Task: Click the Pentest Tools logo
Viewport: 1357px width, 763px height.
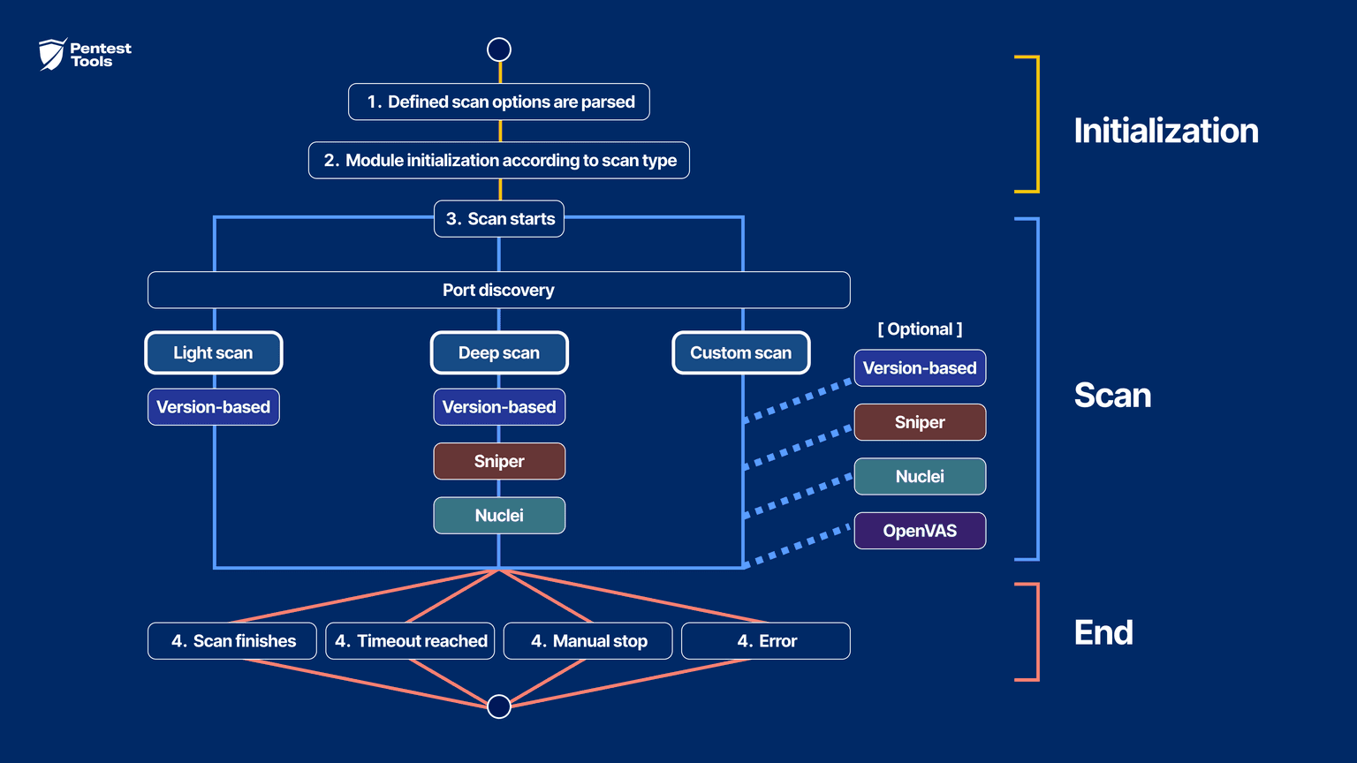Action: point(85,55)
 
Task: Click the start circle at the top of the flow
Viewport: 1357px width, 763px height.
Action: point(499,49)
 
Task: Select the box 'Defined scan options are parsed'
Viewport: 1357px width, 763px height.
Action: point(499,102)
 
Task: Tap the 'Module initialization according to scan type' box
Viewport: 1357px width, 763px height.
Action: point(499,160)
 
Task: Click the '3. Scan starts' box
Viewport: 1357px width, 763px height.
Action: point(499,218)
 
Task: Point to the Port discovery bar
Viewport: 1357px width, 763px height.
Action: point(499,290)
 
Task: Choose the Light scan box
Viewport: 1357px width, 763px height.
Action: point(214,352)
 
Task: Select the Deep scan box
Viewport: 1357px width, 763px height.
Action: point(499,352)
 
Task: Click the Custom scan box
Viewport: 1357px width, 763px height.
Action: point(741,352)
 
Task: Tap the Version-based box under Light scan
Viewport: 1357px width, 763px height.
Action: point(214,407)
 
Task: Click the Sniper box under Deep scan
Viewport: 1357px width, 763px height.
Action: point(499,461)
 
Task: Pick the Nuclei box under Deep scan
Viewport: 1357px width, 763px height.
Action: point(499,516)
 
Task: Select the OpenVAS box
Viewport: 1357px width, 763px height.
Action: point(920,531)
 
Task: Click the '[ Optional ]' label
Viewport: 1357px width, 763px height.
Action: point(920,329)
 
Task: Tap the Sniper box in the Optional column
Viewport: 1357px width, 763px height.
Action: point(920,422)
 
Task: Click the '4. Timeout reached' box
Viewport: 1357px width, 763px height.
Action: point(410,641)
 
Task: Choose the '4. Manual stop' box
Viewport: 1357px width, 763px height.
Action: point(588,641)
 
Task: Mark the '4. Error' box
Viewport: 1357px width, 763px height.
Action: point(766,641)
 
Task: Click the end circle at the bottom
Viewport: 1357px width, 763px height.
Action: point(499,706)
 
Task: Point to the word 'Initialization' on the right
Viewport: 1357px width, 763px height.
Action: point(1166,131)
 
